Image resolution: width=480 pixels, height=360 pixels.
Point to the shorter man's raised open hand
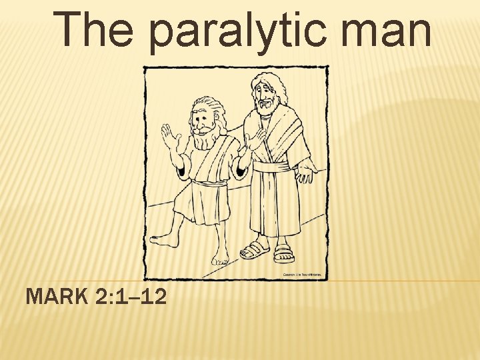click(171, 139)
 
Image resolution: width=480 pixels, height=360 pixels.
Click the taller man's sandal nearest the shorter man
click(253, 250)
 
